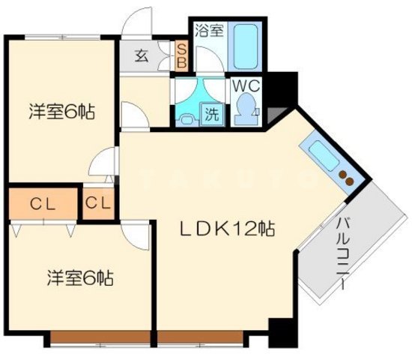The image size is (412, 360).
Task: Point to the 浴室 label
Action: tap(209, 31)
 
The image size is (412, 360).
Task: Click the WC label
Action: tap(243, 85)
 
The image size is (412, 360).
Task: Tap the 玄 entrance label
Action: tap(141, 55)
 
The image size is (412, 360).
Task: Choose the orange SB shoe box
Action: tap(181, 55)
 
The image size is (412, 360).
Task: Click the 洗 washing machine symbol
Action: tap(212, 116)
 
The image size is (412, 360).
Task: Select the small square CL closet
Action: tap(98, 203)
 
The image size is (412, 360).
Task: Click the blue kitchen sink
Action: tap(322, 157)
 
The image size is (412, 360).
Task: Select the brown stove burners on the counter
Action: tap(345, 179)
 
